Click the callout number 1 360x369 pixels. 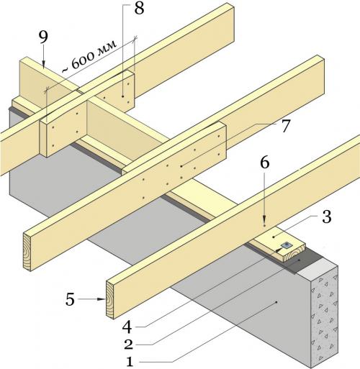pyautogui.click(x=130, y=362)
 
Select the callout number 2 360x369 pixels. pyautogui.click(x=129, y=345)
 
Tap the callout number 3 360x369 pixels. pyautogui.click(x=326, y=217)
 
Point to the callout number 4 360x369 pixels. pyautogui.click(x=127, y=327)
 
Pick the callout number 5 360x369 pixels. pyautogui.click(x=70, y=299)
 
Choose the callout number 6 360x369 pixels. pyautogui.click(x=264, y=163)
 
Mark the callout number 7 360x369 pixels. pyautogui.click(x=285, y=126)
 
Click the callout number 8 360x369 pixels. pyautogui.click(x=139, y=9)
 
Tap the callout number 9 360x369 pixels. pyautogui.click(x=43, y=37)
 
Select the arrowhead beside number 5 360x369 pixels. pyautogui.click(x=102, y=299)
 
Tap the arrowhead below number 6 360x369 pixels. pyautogui.click(x=264, y=219)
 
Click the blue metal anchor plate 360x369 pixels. pyautogui.click(x=287, y=245)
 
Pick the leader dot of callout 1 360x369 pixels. pyautogui.click(x=276, y=302)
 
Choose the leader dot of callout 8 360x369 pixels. pyautogui.click(x=122, y=96)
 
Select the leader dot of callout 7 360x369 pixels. pyautogui.click(x=181, y=165)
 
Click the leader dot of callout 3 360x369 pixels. pyautogui.click(x=274, y=237)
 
